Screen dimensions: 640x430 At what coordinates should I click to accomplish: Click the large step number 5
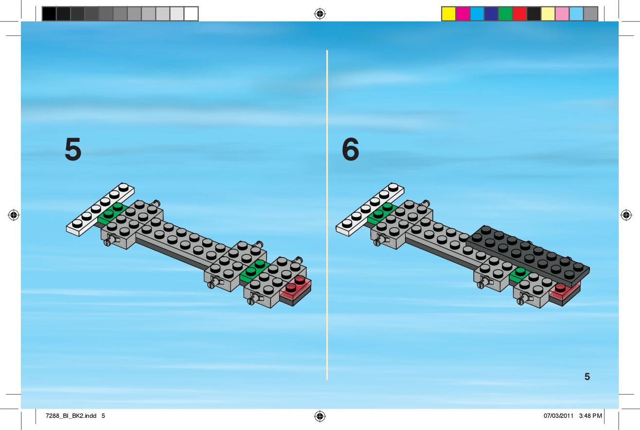point(73,149)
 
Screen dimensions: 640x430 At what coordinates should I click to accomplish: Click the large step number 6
point(350,149)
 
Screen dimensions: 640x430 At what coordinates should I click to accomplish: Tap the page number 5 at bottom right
point(587,377)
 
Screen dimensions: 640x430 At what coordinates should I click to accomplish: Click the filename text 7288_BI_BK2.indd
point(71,416)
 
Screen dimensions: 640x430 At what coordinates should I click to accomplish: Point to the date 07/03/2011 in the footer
point(558,416)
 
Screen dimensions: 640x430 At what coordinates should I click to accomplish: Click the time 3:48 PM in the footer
point(590,416)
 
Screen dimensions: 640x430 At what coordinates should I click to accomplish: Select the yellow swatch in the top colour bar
point(448,14)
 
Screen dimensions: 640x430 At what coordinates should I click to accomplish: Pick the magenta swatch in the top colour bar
point(463,14)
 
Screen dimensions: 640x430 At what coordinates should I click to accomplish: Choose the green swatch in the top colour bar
point(505,14)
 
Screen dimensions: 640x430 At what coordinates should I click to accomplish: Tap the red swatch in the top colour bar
point(520,14)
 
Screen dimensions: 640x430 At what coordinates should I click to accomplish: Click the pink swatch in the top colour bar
point(562,14)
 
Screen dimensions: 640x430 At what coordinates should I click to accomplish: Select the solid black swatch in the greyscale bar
point(49,14)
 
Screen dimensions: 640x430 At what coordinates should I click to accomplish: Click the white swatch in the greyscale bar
point(191,14)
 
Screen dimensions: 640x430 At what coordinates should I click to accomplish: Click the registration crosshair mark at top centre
point(320,14)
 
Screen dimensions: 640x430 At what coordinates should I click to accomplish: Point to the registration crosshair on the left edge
point(14,215)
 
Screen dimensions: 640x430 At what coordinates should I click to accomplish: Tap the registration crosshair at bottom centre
point(320,416)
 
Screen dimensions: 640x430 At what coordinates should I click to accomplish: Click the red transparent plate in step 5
point(296,289)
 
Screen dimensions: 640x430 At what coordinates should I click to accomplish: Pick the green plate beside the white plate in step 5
point(112,214)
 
